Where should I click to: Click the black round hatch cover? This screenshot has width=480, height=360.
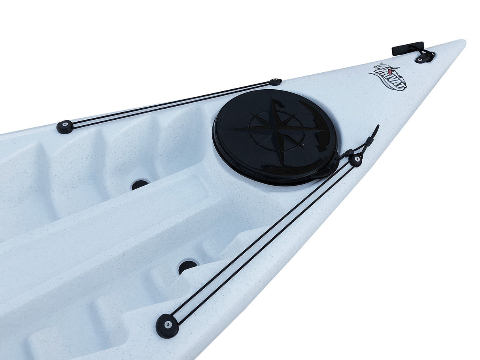(275, 136)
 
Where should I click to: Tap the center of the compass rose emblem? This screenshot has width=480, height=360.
(277, 130)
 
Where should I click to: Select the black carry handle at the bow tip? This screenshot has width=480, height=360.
(408, 49)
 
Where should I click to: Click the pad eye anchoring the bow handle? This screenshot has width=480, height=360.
(425, 57)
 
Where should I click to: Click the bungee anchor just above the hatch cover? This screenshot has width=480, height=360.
(276, 82)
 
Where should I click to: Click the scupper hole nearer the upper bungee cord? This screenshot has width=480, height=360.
(140, 184)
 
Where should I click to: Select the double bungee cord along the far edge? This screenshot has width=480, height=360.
(170, 104)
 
